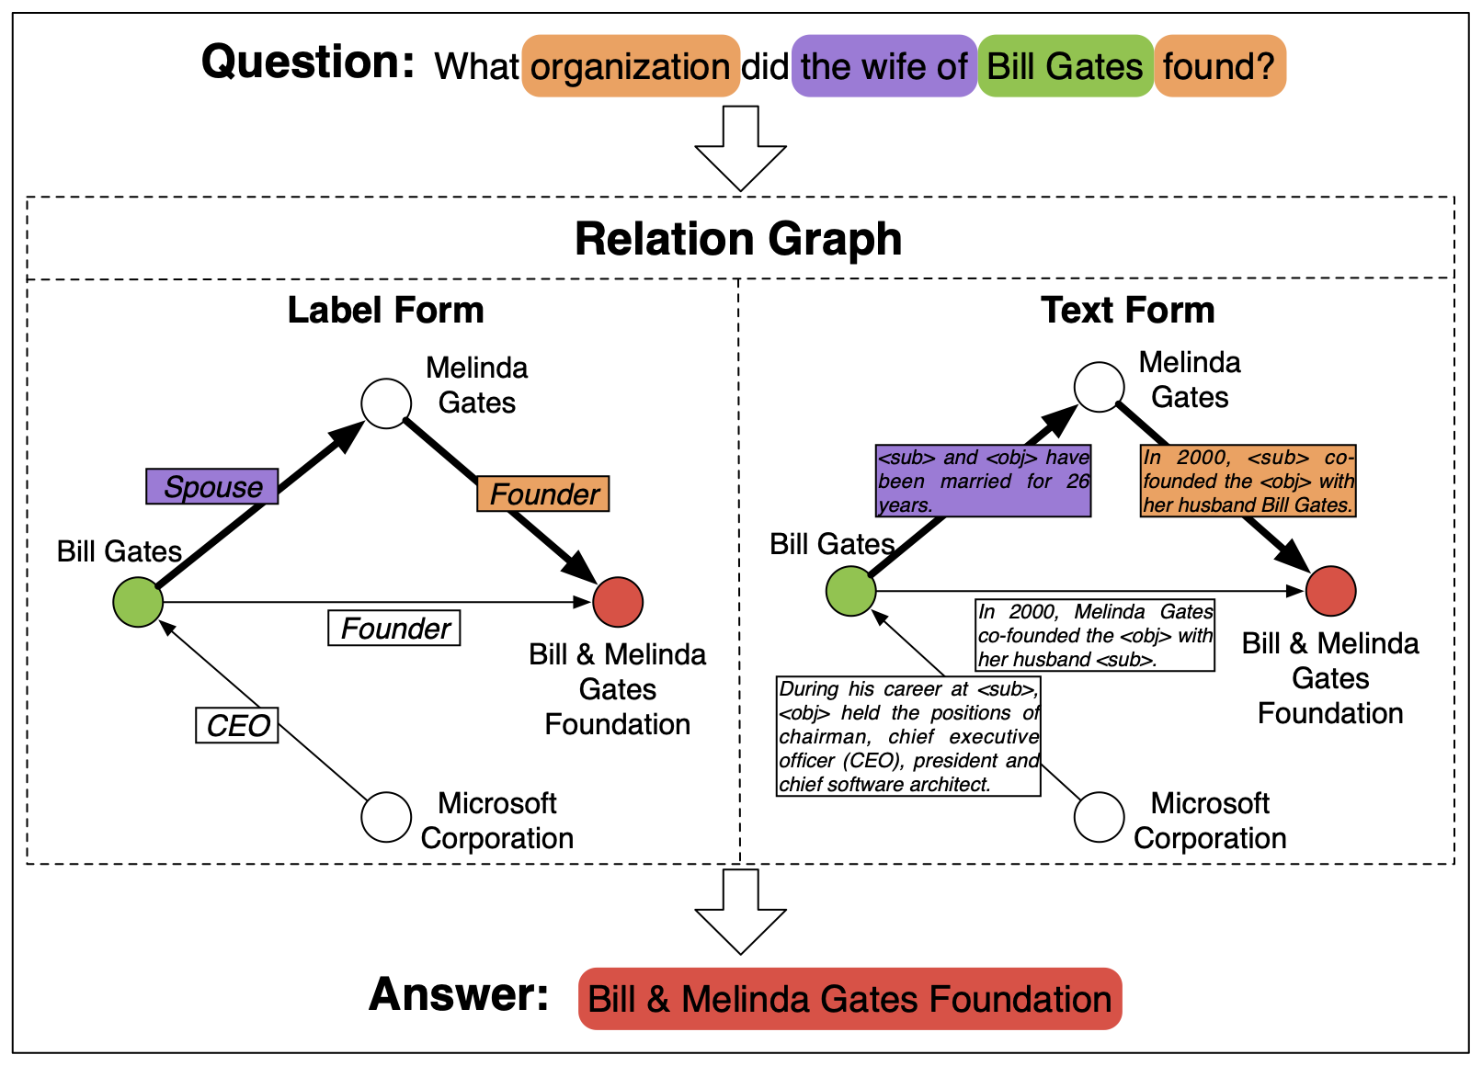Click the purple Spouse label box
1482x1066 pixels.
[x=212, y=486]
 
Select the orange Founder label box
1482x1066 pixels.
[x=543, y=493]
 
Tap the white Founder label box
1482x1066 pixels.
[x=394, y=628]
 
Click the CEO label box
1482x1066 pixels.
[x=237, y=725]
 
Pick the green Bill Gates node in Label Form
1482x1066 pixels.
[x=138, y=602]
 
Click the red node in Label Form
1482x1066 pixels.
[x=618, y=602]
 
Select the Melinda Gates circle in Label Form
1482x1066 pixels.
[x=386, y=403]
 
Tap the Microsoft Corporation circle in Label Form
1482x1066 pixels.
[x=386, y=817]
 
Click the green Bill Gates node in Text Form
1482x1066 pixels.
[x=851, y=591]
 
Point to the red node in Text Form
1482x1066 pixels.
[x=1331, y=591]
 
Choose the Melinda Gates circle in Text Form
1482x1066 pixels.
[x=1100, y=387]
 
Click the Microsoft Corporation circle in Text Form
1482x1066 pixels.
[x=1100, y=817]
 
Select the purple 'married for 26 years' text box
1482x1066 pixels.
[x=983, y=481]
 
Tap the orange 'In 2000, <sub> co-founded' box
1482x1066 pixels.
[x=1248, y=481]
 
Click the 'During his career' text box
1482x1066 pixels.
[x=908, y=736]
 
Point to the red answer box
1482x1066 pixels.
[x=850, y=999]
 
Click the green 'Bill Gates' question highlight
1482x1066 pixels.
[x=1065, y=66]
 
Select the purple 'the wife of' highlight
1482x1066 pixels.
[x=883, y=66]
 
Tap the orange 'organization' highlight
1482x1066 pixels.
[x=631, y=66]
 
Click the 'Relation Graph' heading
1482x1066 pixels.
[x=738, y=239]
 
